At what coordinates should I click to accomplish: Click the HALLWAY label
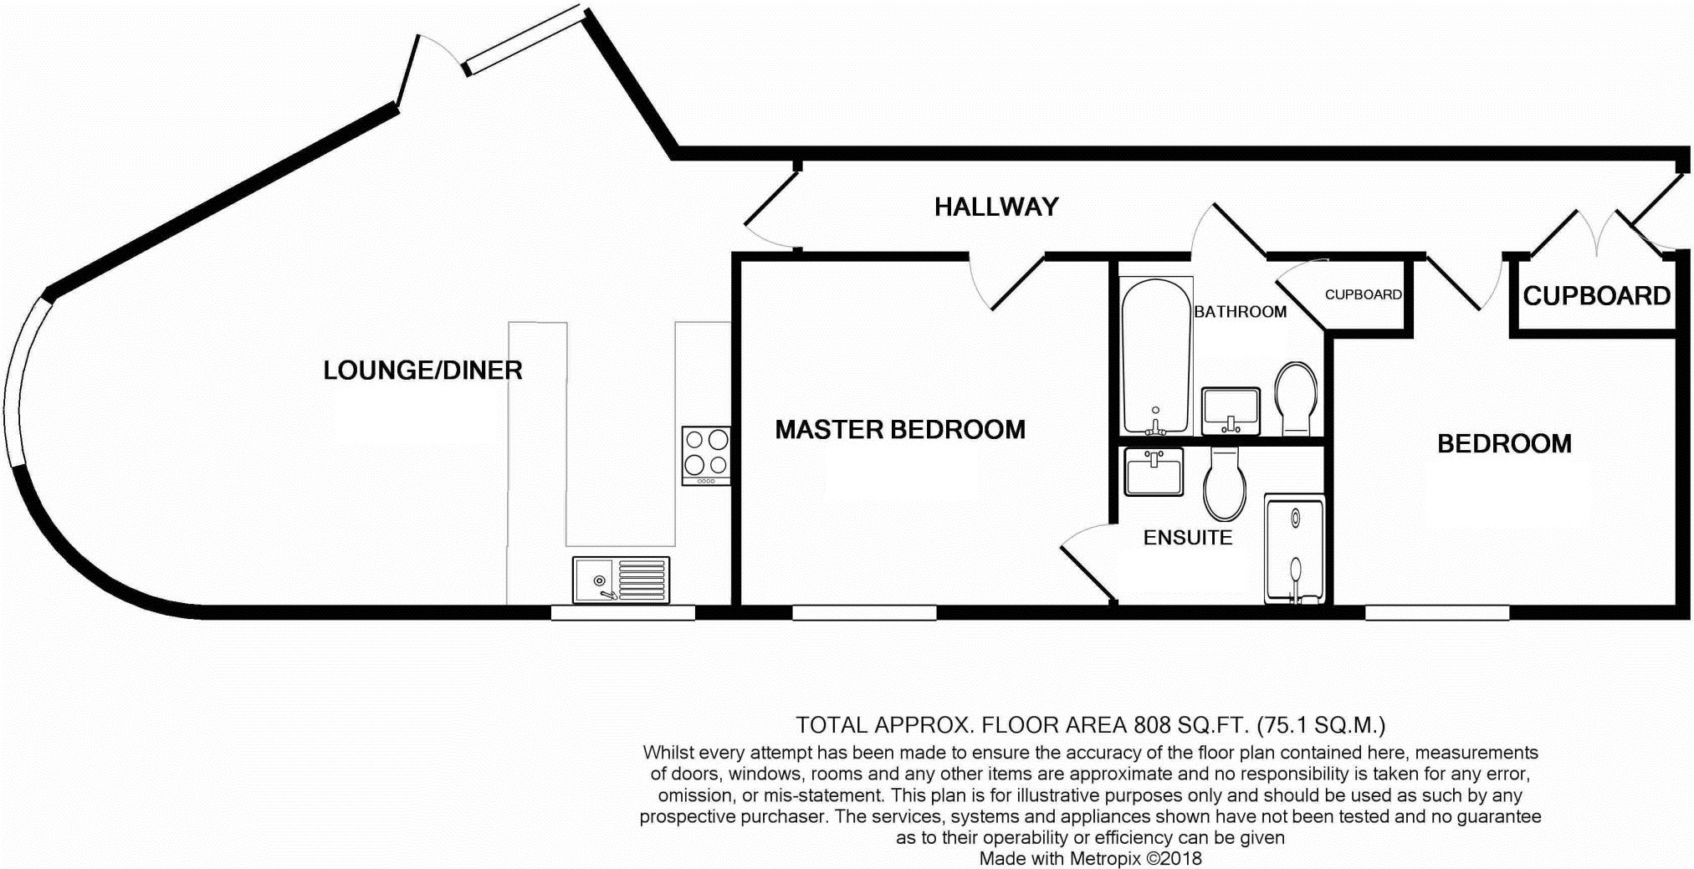click(x=996, y=207)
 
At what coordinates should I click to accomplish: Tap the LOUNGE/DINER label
click(x=422, y=371)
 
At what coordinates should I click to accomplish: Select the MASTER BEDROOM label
click(x=900, y=430)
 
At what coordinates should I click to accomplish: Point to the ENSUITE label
click(x=1188, y=537)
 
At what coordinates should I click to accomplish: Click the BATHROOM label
click(x=1240, y=312)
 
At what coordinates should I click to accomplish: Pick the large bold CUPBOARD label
click(x=1596, y=296)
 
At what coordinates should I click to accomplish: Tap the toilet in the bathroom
click(x=1296, y=398)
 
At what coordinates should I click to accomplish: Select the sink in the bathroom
click(x=1231, y=411)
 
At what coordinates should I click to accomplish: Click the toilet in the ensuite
click(x=1225, y=483)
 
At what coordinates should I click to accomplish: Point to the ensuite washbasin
click(x=1154, y=472)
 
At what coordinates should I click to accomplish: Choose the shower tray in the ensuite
click(x=1295, y=549)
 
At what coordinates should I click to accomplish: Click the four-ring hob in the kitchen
click(x=706, y=456)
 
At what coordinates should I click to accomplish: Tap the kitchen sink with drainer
click(x=621, y=580)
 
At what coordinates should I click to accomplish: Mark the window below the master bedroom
click(x=864, y=613)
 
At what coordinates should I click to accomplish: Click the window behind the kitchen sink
click(x=622, y=613)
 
